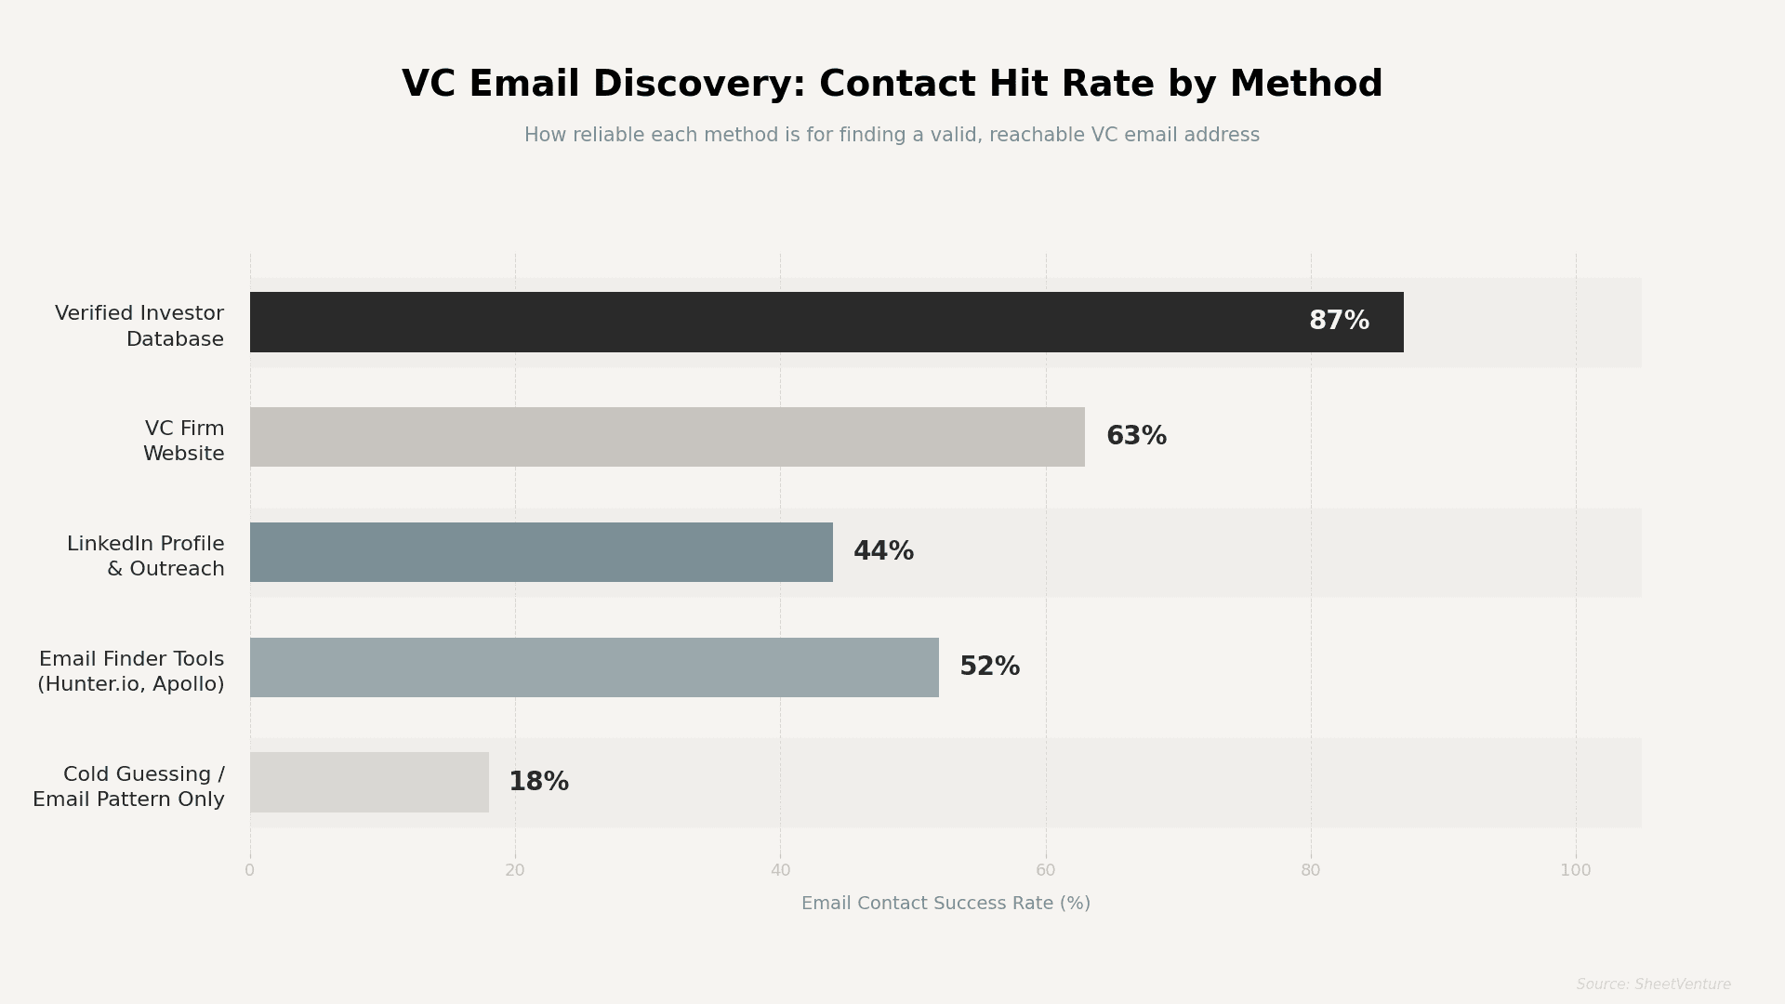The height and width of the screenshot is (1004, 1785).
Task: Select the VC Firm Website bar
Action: coord(667,437)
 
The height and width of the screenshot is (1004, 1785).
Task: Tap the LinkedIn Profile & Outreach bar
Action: coord(541,552)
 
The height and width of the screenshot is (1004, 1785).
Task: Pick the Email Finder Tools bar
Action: coord(594,667)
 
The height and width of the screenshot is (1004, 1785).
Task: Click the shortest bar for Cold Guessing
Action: coord(369,782)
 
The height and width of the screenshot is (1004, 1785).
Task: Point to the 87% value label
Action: coord(1339,322)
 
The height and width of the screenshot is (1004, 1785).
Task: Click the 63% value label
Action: coord(1136,437)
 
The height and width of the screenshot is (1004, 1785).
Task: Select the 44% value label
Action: coord(883,552)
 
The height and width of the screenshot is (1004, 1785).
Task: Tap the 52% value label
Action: coord(989,667)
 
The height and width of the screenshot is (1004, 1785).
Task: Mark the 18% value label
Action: coord(538,782)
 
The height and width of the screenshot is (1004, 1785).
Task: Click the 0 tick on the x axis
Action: coord(249,871)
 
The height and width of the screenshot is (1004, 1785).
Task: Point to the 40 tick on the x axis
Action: coord(780,871)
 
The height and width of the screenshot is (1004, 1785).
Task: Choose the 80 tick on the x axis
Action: coord(1311,871)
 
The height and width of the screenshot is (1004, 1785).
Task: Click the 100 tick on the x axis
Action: coord(1575,871)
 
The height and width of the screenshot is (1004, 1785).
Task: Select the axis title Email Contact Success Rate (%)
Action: coord(945,904)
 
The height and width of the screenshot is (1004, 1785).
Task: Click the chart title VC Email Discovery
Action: coord(892,85)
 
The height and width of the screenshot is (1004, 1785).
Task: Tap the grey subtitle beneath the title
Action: coord(892,136)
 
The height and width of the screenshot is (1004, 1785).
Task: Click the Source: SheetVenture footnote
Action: coord(1653,984)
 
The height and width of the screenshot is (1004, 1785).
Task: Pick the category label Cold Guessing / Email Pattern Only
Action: coord(129,787)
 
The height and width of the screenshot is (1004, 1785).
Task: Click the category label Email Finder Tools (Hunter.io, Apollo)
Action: coord(131,672)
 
